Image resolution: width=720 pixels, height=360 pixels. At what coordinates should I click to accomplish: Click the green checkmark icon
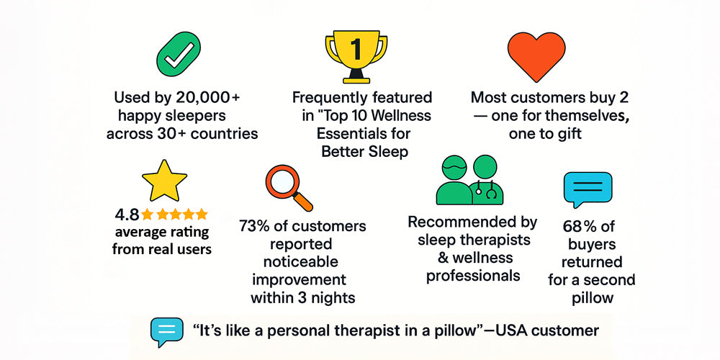point(179,54)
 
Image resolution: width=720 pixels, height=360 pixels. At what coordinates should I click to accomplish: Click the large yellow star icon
point(164,180)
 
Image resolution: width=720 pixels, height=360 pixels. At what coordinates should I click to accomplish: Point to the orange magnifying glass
point(289,188)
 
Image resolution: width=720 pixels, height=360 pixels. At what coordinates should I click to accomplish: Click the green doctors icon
point(469,179)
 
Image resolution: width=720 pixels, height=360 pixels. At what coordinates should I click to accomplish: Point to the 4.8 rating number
point(127,215)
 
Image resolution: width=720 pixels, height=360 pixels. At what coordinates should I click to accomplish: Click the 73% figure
point(253,226)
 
